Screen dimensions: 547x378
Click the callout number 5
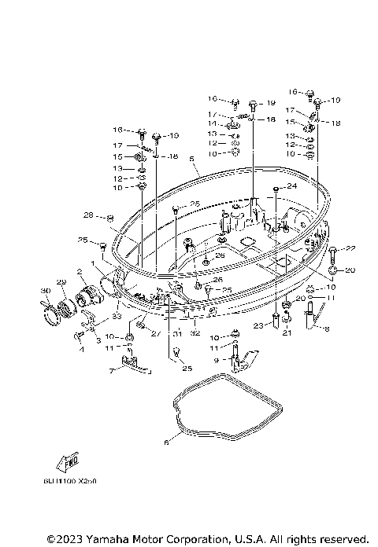point(191,158)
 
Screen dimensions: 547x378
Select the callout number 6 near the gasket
point(165,442)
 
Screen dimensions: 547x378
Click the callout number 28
point(88,215)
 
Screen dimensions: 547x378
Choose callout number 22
point(350,248)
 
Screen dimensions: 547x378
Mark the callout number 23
point(258,326)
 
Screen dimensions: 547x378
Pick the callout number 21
point(287,333)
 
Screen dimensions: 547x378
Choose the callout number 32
point(193,333)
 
